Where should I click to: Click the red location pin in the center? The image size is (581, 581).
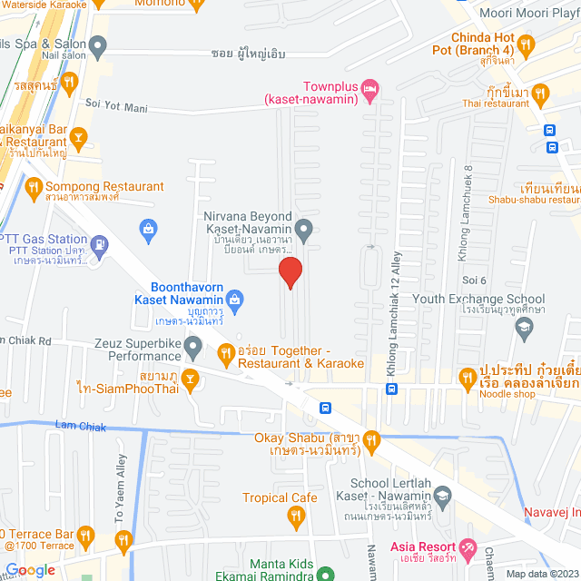coord(290,272)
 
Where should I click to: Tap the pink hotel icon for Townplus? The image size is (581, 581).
coord(369,88)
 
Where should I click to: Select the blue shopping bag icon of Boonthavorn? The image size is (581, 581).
coord(235,298)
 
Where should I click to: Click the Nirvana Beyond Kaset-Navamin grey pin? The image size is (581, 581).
coord(305,227)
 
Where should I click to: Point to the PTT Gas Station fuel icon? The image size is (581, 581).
coord(99,244)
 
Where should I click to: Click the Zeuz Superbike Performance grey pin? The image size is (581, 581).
coord(192,346)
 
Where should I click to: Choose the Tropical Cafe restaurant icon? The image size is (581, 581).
coord(295,517)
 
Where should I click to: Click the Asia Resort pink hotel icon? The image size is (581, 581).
coord(468,547)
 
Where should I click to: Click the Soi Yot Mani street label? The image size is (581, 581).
coord(116,106)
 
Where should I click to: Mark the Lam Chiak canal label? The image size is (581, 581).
coord(81,427)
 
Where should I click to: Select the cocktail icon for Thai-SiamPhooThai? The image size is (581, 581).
coord(190,379)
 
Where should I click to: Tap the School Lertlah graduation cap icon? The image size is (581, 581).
coord(442,495)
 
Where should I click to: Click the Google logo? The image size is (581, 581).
coord(30,570)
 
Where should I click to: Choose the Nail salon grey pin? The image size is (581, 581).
coord(98,44)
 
